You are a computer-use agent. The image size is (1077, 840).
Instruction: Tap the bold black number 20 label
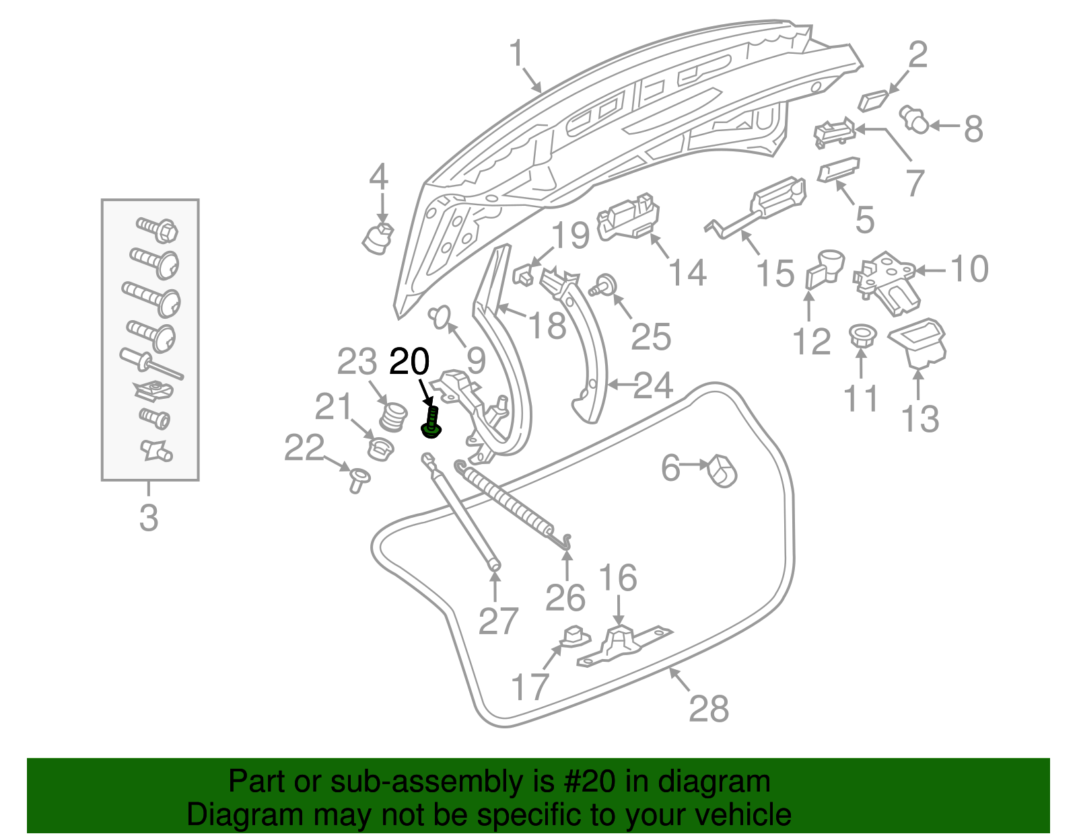pos(409,362)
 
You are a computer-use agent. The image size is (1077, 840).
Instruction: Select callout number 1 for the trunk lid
pos(517,53)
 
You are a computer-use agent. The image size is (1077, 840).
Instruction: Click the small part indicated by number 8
pos(915,119)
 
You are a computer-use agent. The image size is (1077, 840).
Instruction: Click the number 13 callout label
pos(920,418)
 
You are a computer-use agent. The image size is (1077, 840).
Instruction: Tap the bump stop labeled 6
pos(722,470)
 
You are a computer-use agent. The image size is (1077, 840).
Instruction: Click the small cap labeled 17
pos(572,636)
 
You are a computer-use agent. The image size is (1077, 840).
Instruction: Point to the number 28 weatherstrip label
pos(708,708)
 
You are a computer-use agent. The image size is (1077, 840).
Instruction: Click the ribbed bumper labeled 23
pos(393,417)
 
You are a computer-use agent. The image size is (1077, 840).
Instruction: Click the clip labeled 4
pos(378,237)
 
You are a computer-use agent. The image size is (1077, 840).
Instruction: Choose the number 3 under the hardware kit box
pos(149,518)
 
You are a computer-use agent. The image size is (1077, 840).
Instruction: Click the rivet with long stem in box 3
pos(151,364)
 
